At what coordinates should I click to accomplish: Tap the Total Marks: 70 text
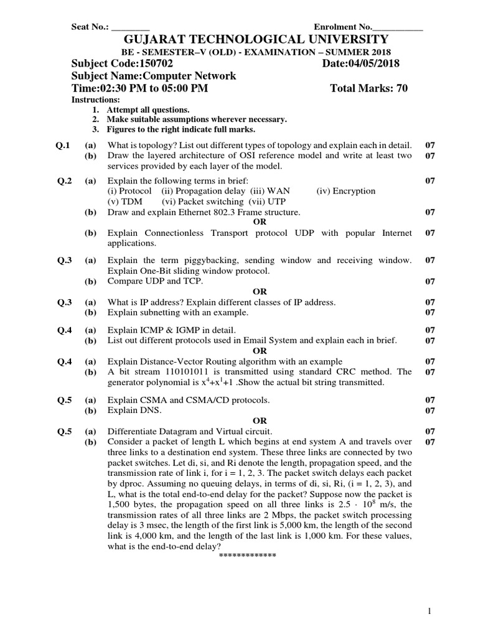click(x=368, y=88)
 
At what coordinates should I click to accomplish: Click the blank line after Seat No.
click(x=130, y=27)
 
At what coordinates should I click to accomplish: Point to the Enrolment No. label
click(x=342, y=27)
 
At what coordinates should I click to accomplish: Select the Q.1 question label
click(x=63, y=146)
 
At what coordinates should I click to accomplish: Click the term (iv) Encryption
click(x=346, y=191)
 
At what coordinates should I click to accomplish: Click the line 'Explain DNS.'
click(x=134, y=410)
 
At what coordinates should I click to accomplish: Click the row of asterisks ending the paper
click(x=247, y=555)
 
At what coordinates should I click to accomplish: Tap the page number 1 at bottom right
click(x=429, y=612)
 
